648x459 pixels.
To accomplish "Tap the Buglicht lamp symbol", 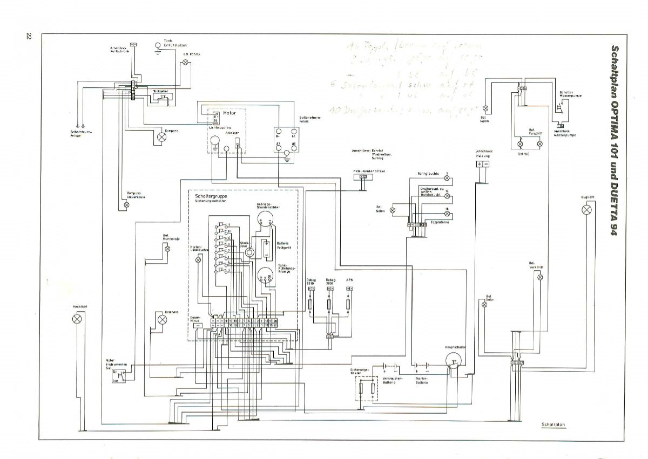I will (x=586, y=209).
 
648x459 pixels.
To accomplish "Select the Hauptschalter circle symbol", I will (x=454, y=360).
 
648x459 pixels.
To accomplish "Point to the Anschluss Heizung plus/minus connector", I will (x=482, y=164).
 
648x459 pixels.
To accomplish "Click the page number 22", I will (x=29, y=36).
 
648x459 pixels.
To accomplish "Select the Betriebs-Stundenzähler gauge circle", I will (x=265, y=218).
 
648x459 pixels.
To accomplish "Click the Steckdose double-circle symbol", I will (x=249, y=251).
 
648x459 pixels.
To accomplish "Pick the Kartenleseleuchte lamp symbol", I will (x=198, y=260).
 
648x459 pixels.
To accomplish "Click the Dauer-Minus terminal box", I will (x=198, y=326).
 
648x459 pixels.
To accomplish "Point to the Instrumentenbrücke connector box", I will (x=363, y=176).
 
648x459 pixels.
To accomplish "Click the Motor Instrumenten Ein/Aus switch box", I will (x=118, y=376).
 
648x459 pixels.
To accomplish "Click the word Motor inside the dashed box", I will (x=229, y=113).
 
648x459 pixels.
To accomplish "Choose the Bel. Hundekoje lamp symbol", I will (x=167, y=249).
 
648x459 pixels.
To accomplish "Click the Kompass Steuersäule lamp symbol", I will (x=126, y=205).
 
